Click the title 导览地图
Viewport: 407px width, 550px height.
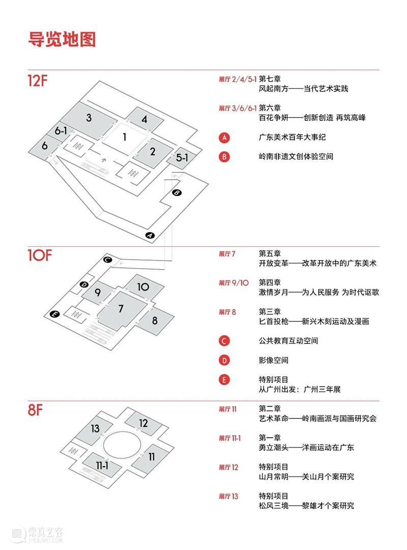62,39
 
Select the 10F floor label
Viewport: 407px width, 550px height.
40,255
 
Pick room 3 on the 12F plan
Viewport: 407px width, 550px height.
89,118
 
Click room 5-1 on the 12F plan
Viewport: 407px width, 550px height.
182,158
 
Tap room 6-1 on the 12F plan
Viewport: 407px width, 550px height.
61,131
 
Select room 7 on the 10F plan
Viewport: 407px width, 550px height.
121,308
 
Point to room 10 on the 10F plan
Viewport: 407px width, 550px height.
143,287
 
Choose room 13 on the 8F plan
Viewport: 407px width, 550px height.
95,429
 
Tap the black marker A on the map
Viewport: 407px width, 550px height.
150,235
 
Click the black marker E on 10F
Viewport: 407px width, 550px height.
55,314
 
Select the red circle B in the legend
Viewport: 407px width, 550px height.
224,156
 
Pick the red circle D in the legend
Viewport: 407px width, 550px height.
224,360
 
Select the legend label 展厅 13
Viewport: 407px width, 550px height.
228,496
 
